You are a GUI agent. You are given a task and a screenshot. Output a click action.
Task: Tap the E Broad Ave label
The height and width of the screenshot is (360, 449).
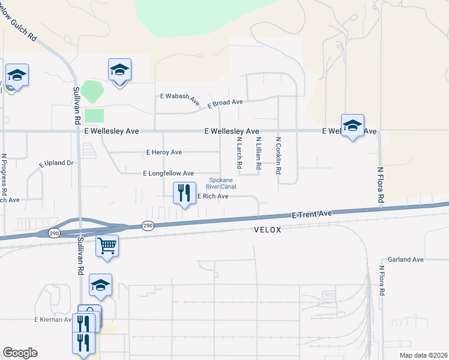tap(225, 103)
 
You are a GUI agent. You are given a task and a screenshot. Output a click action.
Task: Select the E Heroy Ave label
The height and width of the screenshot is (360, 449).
tap(164, 152)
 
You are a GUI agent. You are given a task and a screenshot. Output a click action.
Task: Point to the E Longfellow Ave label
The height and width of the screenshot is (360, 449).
tap(169, 173)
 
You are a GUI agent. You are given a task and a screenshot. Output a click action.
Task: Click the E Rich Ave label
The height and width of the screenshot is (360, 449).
tap(212, 196)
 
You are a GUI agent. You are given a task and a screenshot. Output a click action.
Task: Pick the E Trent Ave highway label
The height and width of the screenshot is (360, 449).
tap(312, 214)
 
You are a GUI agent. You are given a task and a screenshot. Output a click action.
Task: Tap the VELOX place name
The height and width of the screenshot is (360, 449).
tap(268, 230)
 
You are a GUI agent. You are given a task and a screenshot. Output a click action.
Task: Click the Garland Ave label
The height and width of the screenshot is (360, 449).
tap(406, 259)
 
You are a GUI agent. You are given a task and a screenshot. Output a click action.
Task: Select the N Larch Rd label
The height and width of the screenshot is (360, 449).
tap(239, 152)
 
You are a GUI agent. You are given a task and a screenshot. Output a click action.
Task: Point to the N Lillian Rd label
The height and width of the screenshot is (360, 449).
tap(258, 153)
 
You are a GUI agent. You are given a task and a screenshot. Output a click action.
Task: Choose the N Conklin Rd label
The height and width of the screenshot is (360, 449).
tap(279, 155)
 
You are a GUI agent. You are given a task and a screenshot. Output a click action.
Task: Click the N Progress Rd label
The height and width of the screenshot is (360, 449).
tap(4, 174)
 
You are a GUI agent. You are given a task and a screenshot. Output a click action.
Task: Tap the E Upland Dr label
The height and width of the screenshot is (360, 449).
tap(56, 163)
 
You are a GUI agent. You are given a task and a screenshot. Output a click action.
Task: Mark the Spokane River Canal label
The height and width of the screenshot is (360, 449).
tap(221, 183)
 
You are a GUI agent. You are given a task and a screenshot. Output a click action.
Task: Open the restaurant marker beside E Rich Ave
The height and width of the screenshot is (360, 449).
tap(184, 193)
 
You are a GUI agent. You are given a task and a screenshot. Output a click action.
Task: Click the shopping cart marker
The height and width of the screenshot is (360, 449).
tap(107, 246)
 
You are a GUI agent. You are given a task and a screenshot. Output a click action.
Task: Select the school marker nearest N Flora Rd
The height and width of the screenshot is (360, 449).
tap(353, 125)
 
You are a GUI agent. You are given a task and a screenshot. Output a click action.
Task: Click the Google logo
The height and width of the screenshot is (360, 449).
tap(20, 353)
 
